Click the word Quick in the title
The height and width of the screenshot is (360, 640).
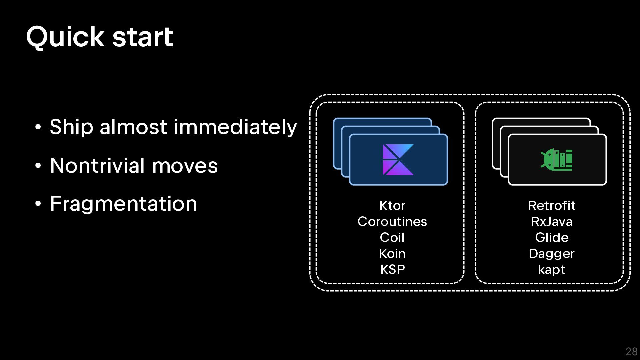point(65,37)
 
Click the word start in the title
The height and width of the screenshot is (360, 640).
point(143,37)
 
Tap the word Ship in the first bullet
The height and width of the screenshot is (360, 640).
point(71,127)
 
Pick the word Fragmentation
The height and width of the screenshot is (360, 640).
point(123,204)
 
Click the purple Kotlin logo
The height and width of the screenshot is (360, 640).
point(398,159)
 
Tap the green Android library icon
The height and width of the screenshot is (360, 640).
point(557,160)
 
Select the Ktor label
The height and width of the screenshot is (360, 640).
point(392,206)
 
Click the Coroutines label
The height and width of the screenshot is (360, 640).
point(392,222)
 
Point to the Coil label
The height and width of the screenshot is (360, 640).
point(392,238)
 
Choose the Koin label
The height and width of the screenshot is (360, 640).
point(392,254)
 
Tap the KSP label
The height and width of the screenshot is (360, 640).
point(392,269)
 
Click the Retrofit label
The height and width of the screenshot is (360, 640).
point(552,206)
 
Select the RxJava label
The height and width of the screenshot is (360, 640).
point(552,222)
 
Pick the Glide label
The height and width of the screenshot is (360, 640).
point(552,238)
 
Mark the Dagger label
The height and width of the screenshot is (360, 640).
point(552,254)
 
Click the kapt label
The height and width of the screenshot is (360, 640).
point(552,270)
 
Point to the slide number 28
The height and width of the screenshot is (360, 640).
point(631,352)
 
